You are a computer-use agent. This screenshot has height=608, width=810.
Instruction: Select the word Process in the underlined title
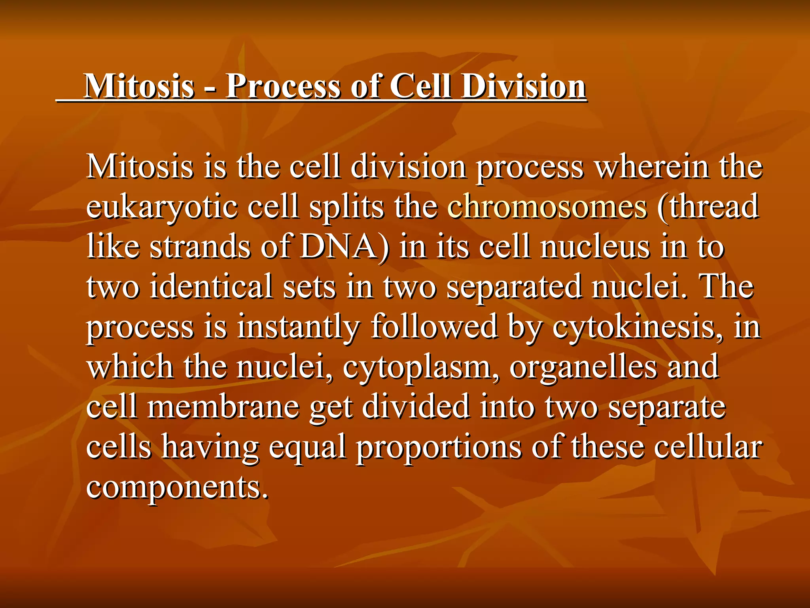tap(282, 86)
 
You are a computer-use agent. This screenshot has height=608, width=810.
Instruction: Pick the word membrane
tap(223, 407)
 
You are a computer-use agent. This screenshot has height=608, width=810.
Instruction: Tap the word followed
tap(433, 327)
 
